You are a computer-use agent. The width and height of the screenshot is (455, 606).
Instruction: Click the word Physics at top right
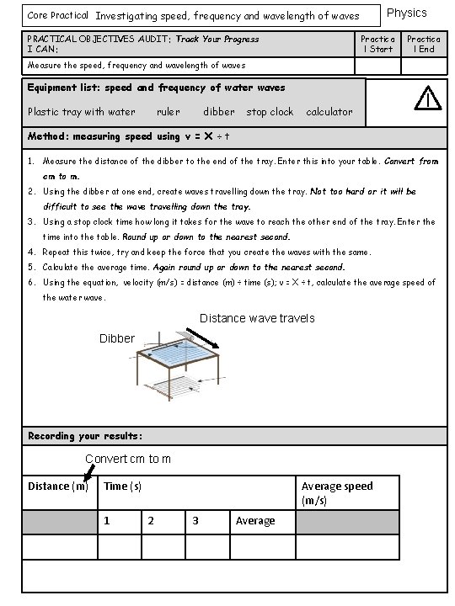pyautogui.click(x=407, y=13)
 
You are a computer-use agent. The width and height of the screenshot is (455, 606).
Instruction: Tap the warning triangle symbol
pyautogui.click(x=427, y=98)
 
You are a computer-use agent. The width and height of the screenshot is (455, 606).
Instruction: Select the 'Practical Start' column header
pyautogui.click(x=377, y=44)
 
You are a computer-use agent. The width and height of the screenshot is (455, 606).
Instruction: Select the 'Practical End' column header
pyautogui.click(x=424, y=44)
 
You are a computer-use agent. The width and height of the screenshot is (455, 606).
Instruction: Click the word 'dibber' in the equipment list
pyautogui.click(x=219, y=112)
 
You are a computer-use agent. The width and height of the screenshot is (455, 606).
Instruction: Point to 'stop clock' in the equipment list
pyautogui.click(x=270, y=112)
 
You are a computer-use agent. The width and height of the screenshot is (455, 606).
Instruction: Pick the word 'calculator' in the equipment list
pyautogui.click(x=329, y=112)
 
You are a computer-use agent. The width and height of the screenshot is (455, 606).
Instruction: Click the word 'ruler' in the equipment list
pyautogui.click(x=169, y=112)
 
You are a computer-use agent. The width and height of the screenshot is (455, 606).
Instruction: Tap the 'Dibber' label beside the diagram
pyautogui.click(x=117, y=338)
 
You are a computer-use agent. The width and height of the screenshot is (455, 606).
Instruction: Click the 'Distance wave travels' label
pyautogui.click(x=257, y=318)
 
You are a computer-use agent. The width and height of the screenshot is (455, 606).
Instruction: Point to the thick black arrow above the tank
pyautogui.click(x=203, y=338)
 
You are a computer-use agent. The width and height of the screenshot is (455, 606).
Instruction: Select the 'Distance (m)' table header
pyautogui.click(x=58, y=486)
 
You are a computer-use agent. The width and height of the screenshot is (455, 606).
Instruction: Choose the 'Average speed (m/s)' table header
pyautogui.click(x=337, y=493)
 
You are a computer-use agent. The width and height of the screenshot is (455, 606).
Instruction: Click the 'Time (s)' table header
pyautogui.click(x=122, y=486)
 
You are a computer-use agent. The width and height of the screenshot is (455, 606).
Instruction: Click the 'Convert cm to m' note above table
pyautogui.click(x=128, y=459)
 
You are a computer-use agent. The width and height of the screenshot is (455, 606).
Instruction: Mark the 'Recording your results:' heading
pyautogui.click(x=85, y=436)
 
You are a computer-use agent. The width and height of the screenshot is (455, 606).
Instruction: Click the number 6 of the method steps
pyautogui.click(x=31, y=282)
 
